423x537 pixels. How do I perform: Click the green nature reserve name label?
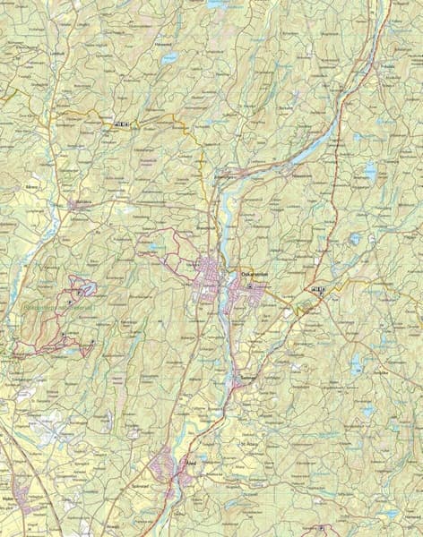tap(53, 307)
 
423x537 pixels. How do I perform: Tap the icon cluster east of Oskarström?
tap(316, 290)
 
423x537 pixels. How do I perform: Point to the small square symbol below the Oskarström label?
tap(250, 286)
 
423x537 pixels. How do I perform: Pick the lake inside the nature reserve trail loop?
tap(89, 288)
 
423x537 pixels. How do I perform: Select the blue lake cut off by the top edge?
tap(218, 4)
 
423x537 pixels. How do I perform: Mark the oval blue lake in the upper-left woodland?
tap(169, 58)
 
